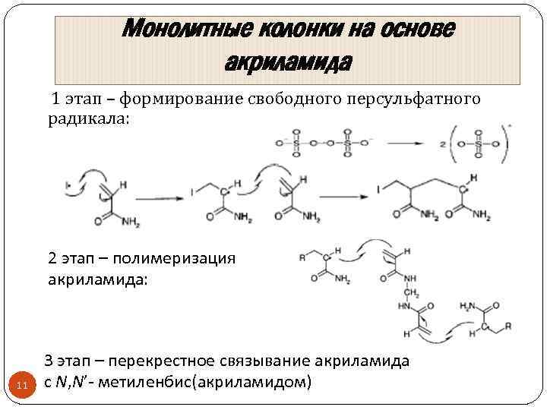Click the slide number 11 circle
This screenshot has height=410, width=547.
(22, 386)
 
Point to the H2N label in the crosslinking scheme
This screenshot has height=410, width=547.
(468, 307)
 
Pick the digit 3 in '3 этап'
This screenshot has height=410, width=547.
(49, 361)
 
